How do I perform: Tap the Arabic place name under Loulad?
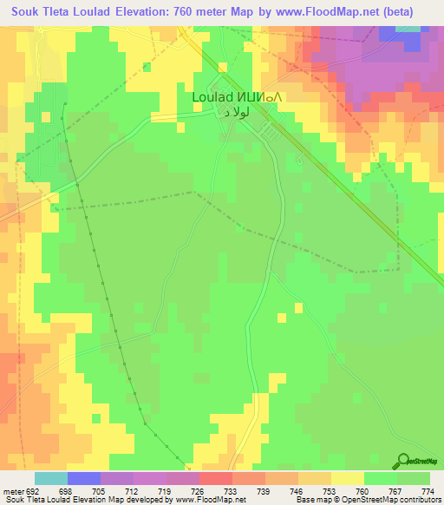pos(236,113)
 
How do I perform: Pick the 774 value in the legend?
pos(425,490)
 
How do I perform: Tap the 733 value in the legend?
pos(231,490)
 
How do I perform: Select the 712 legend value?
pos(133,490)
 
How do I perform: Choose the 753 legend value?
pos(328,490)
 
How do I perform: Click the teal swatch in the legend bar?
pos(51,478)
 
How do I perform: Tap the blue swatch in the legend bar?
pos(84,478)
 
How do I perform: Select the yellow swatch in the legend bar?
pos(347,478)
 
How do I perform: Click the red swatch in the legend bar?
pos(215,478)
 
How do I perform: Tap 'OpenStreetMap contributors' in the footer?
pos(396,500)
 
